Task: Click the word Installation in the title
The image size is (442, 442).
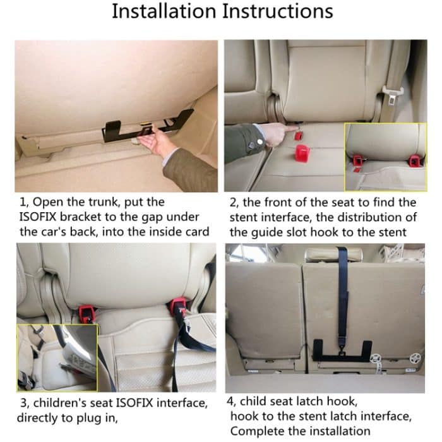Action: point(164,11)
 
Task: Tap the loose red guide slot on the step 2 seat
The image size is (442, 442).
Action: point(304,153)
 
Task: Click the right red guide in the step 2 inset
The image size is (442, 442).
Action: point(414,159)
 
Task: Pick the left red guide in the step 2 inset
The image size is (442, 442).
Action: point(358,158)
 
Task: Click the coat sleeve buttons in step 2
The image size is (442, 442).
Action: point(254,145)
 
